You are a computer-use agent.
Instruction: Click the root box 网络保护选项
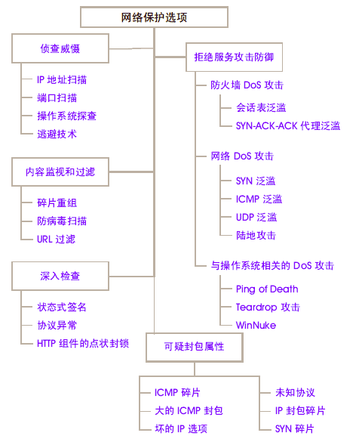pyautogui.click(x=154, y=17)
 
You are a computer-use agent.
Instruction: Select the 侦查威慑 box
pyautogui.click(x=60, y=48)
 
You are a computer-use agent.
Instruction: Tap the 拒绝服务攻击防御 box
pyautogui.click(x=235, y=57)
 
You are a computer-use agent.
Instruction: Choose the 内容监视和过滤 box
pyautogui.click(x=60, y=172)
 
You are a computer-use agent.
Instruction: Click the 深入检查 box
pyautogui.click(x=60, y=276)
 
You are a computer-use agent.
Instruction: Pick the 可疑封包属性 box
pyautogui.click(x=195, y=347)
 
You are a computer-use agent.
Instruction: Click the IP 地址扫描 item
pyautogui.click(x=62, y=80)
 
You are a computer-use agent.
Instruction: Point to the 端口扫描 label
pyautogui.click(x=57, y=98)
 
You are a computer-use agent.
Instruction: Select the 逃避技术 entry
pyautogui.click(x=57, y=134)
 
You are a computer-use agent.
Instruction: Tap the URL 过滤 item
pyautogui.click(x=57, y=239)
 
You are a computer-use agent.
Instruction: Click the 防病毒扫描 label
pyautogui.click(x=62, y=221)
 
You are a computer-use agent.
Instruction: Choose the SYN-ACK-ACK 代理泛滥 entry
pyautogui.click(x=288, y=126)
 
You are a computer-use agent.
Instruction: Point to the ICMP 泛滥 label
pyautogui.click(x=259, y=199)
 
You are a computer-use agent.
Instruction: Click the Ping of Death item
pyautogui.click(x=267, y=289)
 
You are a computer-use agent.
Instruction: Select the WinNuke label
pyautogui.click(x=256, y=325)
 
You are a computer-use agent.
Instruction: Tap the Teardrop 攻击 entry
pyautogui.click(x=268, y=307)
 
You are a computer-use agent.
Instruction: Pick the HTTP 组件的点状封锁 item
pyautogui.click(x=83, y=343)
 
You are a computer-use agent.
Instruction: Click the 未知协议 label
pyautogui.click(x=295, y=392)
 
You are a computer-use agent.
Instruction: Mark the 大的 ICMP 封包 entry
pyautogui.click(x=189, y=411)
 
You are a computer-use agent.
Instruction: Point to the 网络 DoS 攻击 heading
pyautogui.click(x=242, y=156)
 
